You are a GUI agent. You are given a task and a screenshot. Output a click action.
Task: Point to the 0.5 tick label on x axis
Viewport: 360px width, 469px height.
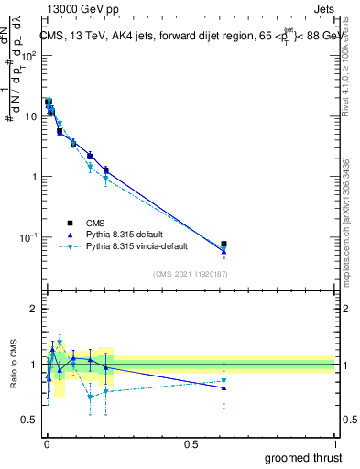191,443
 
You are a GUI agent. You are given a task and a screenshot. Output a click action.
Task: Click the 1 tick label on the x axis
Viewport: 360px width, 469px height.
336,443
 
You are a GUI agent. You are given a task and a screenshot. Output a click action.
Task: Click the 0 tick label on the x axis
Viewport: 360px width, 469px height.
46,443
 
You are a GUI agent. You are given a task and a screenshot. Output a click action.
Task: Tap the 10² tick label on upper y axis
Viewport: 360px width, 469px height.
29,56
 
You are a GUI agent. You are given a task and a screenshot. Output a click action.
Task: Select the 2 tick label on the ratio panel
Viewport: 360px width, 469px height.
35,309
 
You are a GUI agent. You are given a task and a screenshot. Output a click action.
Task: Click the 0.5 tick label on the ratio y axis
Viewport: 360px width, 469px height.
30,420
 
